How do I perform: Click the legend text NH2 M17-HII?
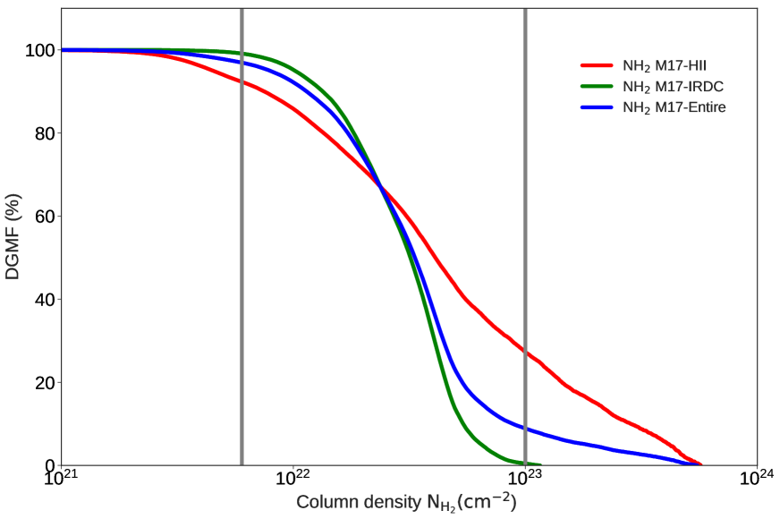tap(664, 65)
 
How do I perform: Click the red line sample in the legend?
tap(597, 65)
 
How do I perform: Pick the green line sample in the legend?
tap(597, 87)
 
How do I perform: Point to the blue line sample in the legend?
tap(597, 107)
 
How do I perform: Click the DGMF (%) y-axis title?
tap(13, 236)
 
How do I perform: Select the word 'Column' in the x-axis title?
tap(323, 502)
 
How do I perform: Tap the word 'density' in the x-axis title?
tap(388, 502)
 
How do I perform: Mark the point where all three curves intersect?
tap(382, 188)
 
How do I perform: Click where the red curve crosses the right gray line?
tap(524, 351)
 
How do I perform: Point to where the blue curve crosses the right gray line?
tap(524, 429)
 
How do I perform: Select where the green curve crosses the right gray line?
tap(524, 462)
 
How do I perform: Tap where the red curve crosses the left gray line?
tap(242, 81)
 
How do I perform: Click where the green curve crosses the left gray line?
tap(242, 54)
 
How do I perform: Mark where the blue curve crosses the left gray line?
tap(242, 62)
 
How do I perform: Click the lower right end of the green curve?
tap(540, 464)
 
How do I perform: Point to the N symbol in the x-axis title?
tap(434, 502)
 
